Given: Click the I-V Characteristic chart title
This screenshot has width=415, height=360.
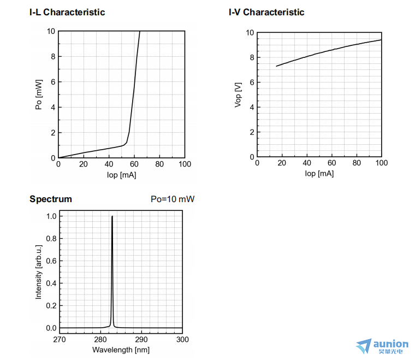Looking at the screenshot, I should pyautogui.click(x=266, y=12).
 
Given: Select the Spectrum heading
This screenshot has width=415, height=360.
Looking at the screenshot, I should pyautogui.click(x=51, y=199).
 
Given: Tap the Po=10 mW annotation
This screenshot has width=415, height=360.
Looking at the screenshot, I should pyautogui.click(x=173, y=199).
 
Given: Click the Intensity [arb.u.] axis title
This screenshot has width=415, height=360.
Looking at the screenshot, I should pyautogui.click(x=39, y=272).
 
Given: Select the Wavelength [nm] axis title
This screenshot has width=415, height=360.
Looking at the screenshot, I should pyautogui.click(x=121, y=350).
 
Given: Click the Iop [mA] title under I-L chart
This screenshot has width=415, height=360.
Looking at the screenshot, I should pyautogui.click(x=121, y=175).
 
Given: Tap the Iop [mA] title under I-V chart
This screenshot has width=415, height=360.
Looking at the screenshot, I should pyautogui.click(x=319, y=174).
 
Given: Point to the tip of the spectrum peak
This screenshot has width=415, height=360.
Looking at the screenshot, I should pyautogui.click(x=112, y=216).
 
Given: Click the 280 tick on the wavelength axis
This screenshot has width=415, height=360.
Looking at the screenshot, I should pyautogui.click(x=100, y=339).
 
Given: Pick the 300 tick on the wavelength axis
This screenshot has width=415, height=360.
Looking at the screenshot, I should pyautogui.click(x=182, y=339).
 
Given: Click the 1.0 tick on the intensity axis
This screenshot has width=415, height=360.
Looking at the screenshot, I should pyautogui.click(x=51, y=216).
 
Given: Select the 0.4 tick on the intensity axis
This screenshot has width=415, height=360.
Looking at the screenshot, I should pyautogui.click(x=51, y=284).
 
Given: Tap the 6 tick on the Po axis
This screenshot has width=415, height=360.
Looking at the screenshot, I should pyautogui.click(x=53, y=82).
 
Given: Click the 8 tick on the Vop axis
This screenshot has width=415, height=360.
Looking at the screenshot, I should pyautogui.click(x=252, y=57).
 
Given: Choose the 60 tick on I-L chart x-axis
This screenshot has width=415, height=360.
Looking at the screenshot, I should pyautogui.click(x=134, y=164).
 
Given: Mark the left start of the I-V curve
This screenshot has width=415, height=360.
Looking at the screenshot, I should pyautogui.click(x=277, y=66).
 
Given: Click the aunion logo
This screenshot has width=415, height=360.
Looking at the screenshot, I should pyautogui.click(x=382, y=346).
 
